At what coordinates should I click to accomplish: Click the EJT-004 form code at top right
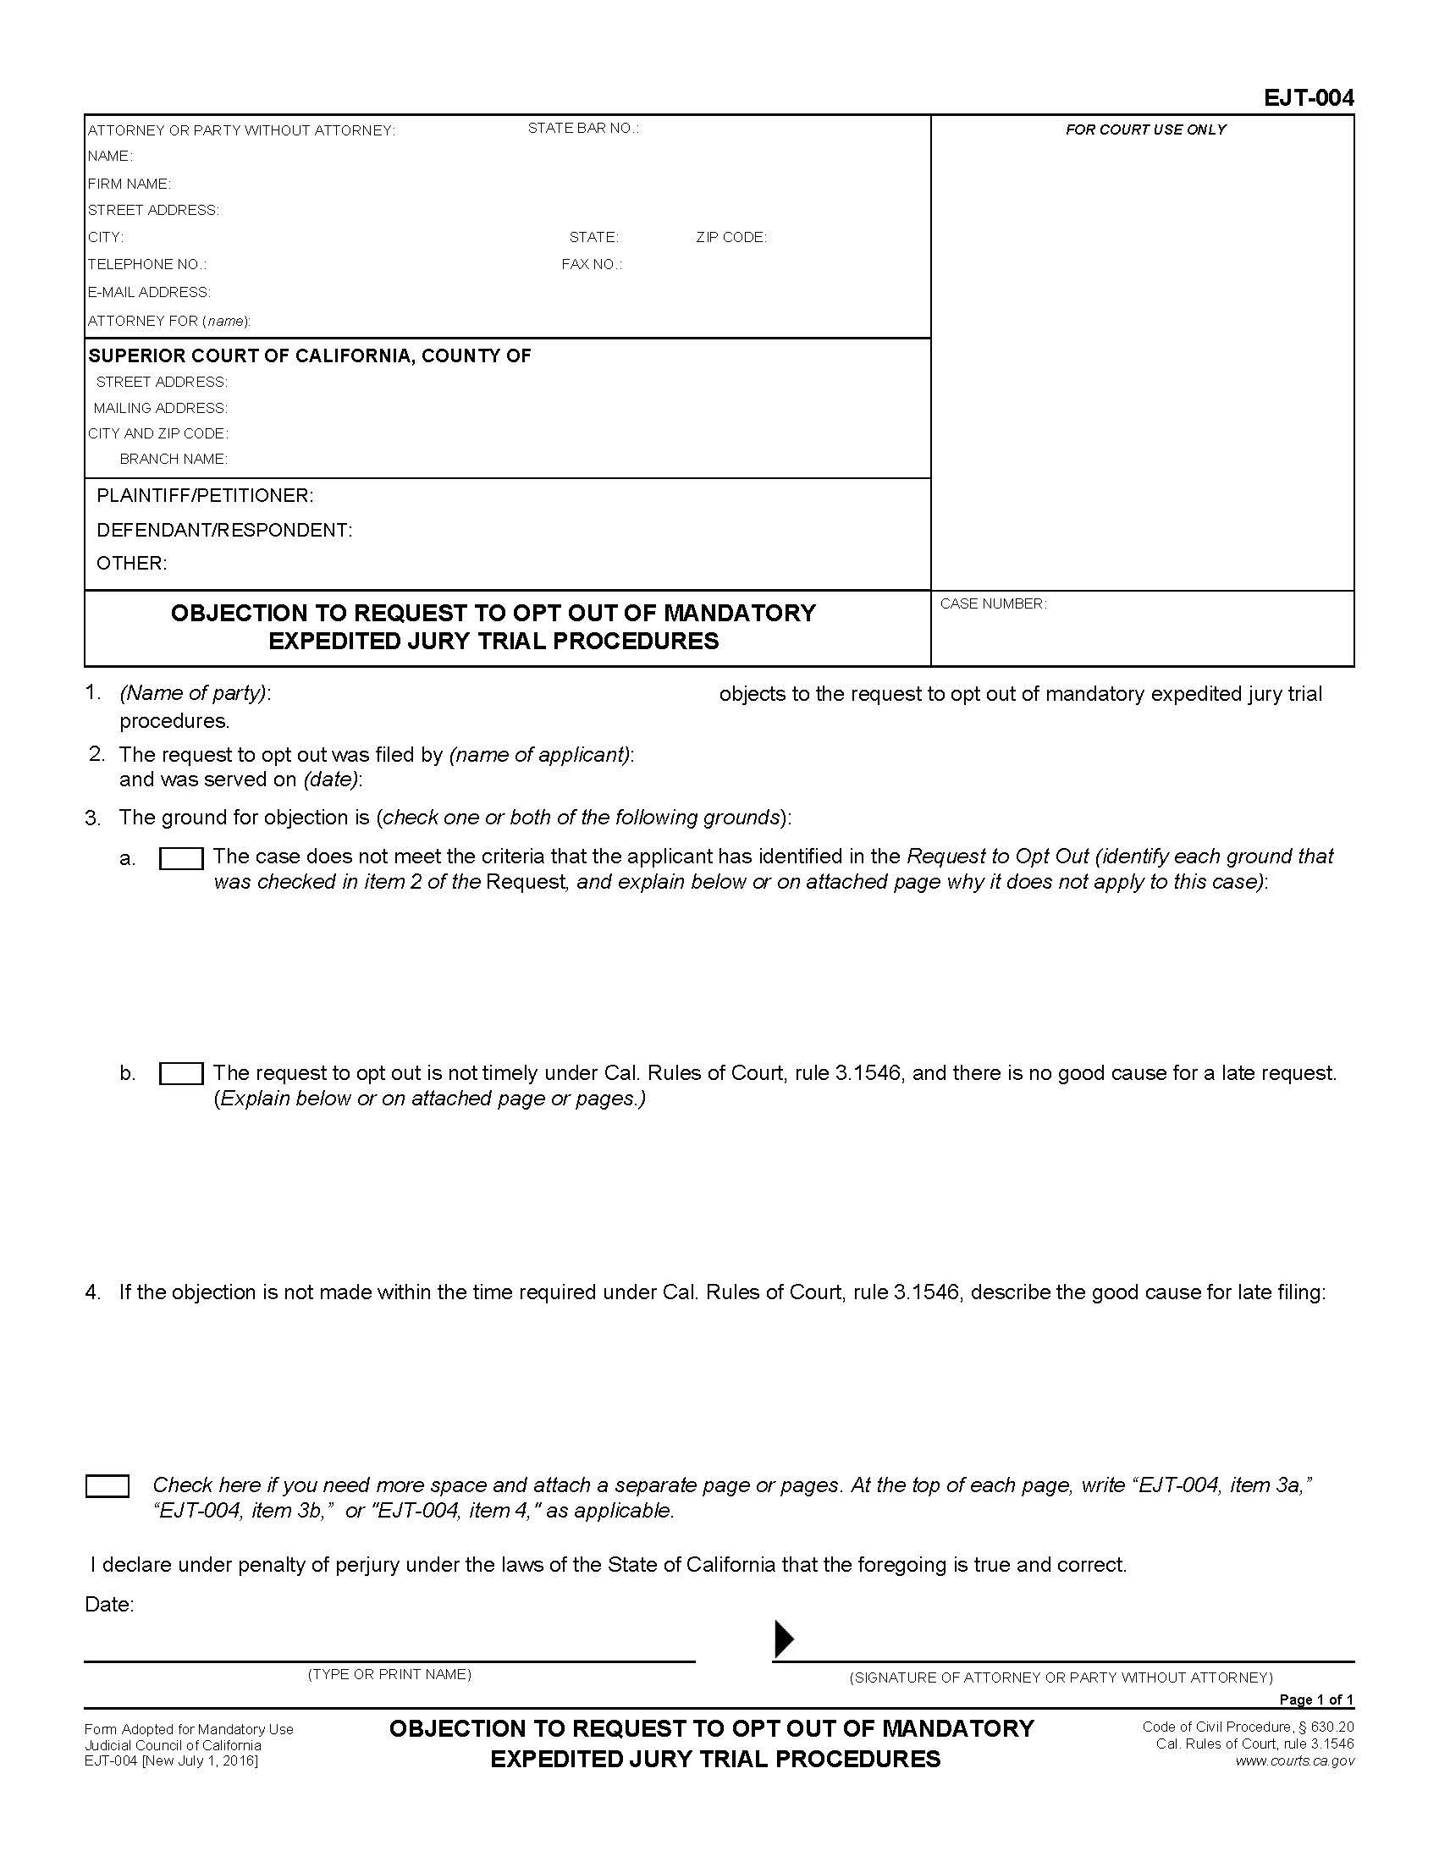point(1308,99)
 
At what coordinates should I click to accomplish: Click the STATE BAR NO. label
point(583,129)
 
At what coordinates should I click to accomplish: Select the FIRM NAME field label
point(130,185)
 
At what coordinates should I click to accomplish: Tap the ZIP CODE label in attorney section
point(731,238)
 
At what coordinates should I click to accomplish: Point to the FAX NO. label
point(592,265)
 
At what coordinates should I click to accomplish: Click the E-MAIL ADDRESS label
point(149,293)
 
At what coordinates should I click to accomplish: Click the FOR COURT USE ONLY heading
point(1145,129)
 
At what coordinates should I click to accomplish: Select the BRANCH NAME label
point(173,460)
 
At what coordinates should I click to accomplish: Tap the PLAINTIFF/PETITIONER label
point(205,496)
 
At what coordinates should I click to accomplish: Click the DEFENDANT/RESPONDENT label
point(224,531)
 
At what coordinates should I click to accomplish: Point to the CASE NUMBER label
point(992,604)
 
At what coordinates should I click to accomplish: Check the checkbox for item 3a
point(181,858)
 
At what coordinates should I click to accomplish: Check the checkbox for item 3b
point(181,1074)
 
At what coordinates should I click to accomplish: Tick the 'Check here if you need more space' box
point(108,1486)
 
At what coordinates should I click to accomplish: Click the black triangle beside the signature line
point(783,1639)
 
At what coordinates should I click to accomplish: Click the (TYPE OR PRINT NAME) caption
point(389,1674)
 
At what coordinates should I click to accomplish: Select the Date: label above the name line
point(109,1605)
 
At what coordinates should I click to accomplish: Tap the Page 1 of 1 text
point(1315,1700)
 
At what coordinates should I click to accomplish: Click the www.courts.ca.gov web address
point(1294,1761)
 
